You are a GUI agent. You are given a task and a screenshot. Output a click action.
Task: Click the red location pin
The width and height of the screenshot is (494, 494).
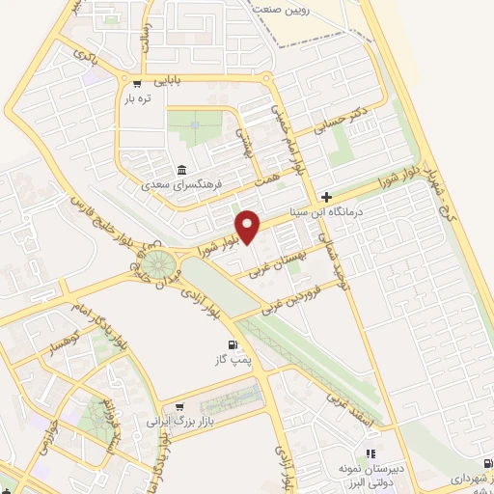(249, 225)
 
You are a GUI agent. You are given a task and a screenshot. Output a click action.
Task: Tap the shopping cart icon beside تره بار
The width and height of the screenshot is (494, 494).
(138, 83)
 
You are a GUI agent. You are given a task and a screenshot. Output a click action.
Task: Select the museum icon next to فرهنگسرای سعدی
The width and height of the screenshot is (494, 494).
(181, 170)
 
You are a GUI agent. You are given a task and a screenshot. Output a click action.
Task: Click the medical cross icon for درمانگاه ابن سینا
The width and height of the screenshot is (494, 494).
(326, 197)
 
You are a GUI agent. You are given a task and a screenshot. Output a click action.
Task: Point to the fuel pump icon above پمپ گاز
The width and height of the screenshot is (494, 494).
(231, 345)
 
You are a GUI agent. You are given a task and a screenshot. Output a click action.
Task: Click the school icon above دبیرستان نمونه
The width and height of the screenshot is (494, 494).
(369, 453)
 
